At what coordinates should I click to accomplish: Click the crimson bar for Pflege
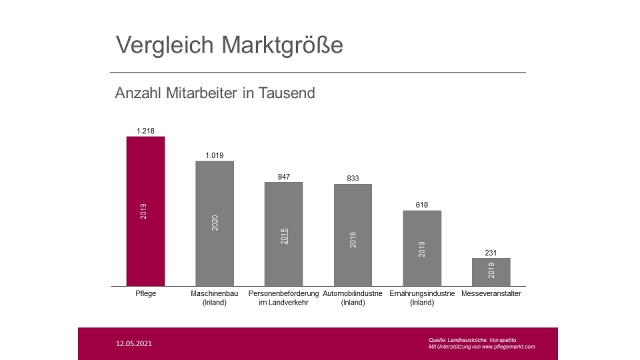point(145,211)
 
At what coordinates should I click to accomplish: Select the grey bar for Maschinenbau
point(215,223)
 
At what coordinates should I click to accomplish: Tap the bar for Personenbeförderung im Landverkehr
point(283,234)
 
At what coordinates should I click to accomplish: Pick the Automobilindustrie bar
point(353,235)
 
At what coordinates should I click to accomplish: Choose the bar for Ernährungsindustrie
point(422,248)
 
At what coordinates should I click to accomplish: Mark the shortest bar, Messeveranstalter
point(491,272)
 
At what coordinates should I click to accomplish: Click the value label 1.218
point(145,131)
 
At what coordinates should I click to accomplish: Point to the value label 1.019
point(215,155)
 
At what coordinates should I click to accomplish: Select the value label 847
point(284,177)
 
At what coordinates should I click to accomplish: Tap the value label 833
point(353,179)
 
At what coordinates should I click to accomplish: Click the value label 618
point(422,205)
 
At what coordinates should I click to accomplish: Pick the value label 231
point(491,253)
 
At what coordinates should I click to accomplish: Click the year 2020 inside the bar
point(215,223)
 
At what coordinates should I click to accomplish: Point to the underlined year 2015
point(284,235)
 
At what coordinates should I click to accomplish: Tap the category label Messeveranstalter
point(491,293)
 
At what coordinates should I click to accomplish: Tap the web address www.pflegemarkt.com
point(507,347)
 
